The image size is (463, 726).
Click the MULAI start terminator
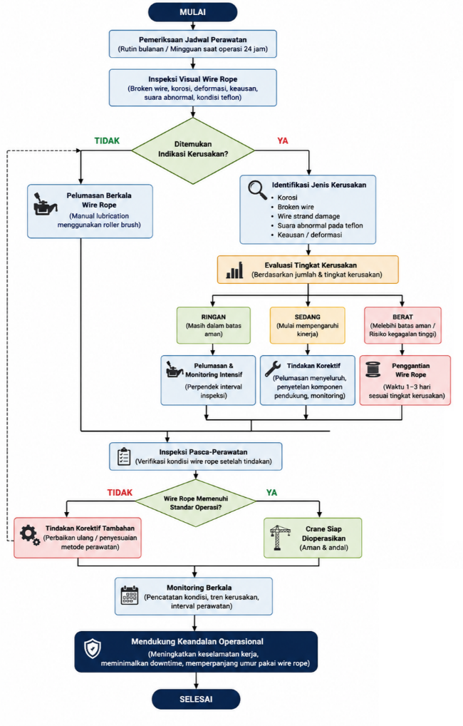click(192, 12)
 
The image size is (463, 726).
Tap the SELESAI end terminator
click(196, 699)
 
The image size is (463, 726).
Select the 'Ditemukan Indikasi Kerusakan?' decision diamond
click(193, 150)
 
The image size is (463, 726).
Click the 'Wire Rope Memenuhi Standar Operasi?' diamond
click(196, 502)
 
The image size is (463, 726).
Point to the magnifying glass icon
click(257, 190)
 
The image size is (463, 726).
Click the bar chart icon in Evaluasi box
click(234, 270)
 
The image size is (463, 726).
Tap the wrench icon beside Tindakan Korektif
click(273, 369)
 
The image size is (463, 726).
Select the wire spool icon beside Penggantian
click(373, 370)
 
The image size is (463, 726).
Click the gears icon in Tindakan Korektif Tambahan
click(30, 536)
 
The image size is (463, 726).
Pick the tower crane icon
click(279, 538)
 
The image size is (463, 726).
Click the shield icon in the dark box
click(93, 649)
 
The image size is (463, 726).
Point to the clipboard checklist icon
click(124, 456)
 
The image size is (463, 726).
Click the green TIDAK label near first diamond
click(107, 140)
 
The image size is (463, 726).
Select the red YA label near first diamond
click(283, 140)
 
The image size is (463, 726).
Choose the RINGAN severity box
click(213, 325)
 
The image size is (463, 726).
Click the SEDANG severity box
click(307, 325)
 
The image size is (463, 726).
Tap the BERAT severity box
click(402, 325)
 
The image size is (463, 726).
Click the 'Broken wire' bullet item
click(296, 207)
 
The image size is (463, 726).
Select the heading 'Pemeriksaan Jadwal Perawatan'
click(193, 40)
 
